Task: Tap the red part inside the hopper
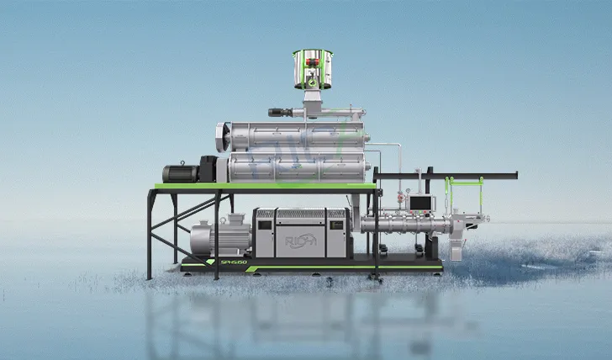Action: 313,61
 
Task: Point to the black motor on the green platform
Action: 181,172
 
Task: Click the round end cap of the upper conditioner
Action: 224,136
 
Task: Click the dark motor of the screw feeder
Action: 280,113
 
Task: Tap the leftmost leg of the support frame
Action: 150,236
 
